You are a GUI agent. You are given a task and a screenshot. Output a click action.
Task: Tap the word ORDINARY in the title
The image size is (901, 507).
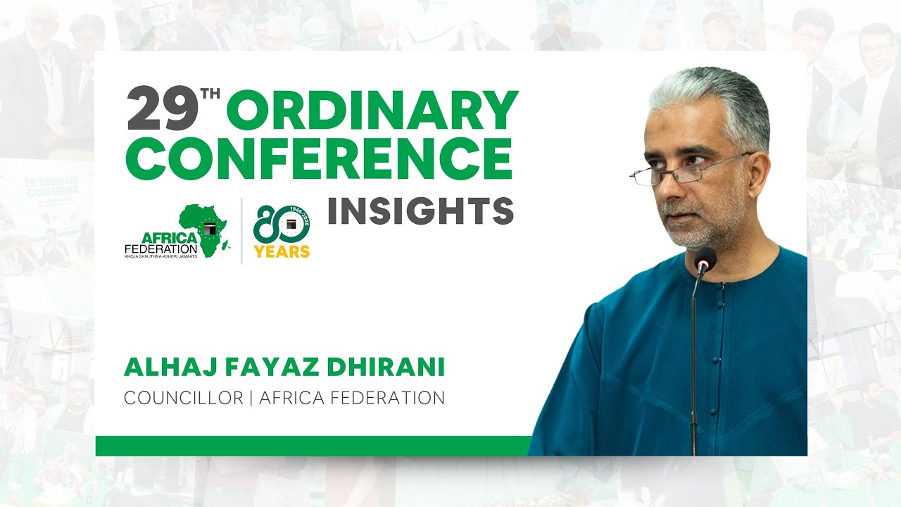tap(373, 111)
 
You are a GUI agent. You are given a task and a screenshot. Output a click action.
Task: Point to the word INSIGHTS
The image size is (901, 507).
tap(420, 211)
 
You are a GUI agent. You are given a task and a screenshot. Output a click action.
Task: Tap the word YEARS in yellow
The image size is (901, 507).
tap(282, 251)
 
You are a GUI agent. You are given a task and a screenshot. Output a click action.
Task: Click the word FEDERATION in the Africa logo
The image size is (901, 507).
tap(160, 249)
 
